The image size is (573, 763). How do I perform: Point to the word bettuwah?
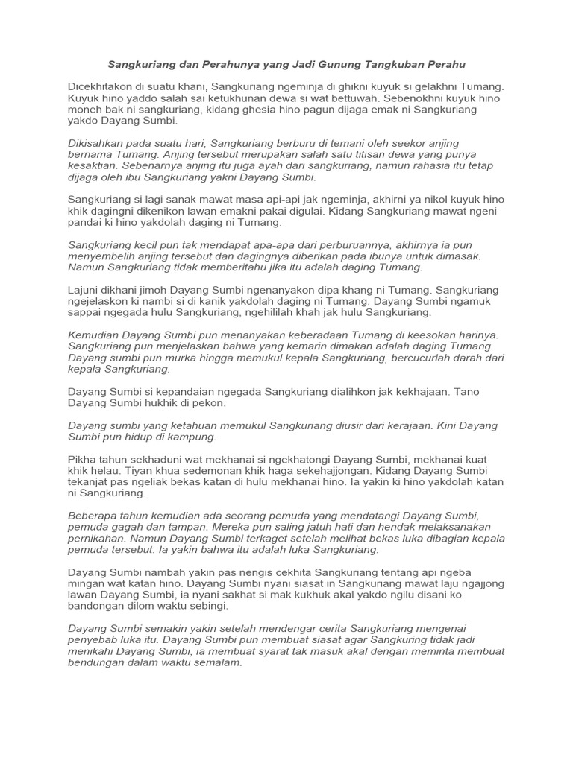(354, 98)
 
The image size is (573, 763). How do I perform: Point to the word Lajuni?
(84, 289)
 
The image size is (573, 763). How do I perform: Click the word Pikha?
(83, 459)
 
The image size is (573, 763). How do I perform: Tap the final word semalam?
(219, 663)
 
